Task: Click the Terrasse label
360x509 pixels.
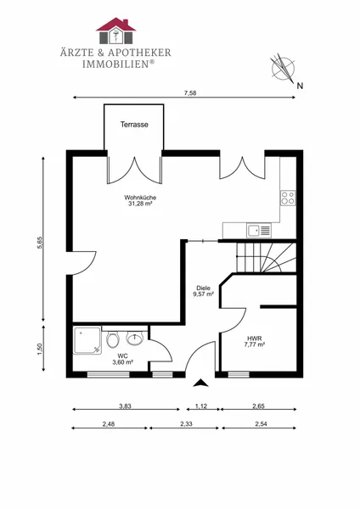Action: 134,125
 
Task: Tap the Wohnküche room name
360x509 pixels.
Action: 140,198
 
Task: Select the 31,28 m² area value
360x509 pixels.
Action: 140,204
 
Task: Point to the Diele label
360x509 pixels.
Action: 204,288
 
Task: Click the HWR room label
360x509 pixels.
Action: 255,338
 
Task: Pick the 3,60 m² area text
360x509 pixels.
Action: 122,362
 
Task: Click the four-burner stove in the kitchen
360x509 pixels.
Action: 288,198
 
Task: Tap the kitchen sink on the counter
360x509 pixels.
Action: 259,231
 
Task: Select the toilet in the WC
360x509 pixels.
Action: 113,338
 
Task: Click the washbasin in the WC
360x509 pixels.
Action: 134,338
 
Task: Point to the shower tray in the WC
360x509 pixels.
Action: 87,340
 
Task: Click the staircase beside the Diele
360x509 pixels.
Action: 267,257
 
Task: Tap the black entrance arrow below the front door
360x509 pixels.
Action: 200,383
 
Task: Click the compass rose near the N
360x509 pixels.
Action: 284,69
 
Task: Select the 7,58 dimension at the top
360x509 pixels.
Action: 190,93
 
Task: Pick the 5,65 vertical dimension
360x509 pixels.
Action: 40,243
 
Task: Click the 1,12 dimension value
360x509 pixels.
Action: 201,406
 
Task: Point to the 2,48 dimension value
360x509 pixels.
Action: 109,424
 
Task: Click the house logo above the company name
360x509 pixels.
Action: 115,31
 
